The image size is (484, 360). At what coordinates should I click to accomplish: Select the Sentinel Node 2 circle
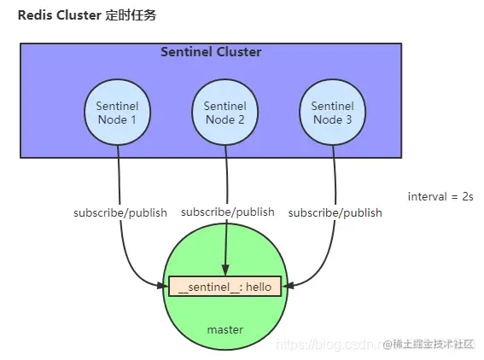225,113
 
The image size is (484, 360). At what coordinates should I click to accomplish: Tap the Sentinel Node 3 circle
333,113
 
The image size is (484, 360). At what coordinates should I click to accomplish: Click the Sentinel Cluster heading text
211,52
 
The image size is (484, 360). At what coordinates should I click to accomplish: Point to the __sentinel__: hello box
225,287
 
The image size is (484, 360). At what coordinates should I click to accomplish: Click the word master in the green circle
225,329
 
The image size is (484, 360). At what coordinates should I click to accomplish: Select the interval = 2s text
440,197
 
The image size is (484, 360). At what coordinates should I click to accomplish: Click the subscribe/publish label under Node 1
120,212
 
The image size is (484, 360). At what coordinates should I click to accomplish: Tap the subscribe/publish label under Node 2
228,212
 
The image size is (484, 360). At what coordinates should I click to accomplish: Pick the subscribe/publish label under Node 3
335,212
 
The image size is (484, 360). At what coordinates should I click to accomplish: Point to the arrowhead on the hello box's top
225,272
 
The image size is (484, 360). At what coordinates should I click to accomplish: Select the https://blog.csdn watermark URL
329,345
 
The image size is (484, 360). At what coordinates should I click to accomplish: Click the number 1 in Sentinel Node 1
133,119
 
